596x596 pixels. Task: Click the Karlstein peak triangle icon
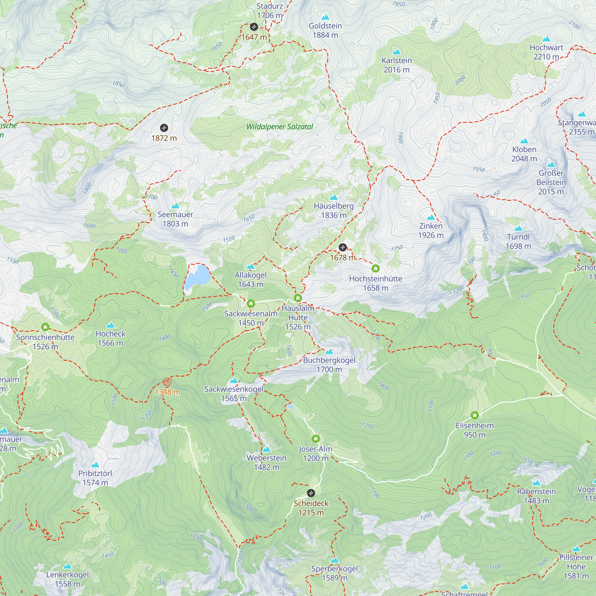397,52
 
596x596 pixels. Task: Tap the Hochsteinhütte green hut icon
375,268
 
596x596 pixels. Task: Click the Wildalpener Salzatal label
280,127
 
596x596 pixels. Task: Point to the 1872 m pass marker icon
164,128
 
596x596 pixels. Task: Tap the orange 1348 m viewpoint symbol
167,382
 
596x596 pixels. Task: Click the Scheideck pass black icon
311,493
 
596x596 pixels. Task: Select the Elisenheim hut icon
474,415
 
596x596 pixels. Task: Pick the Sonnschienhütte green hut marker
45,327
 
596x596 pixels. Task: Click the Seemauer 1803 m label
175,219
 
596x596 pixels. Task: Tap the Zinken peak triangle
431,218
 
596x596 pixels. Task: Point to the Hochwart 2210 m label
546,52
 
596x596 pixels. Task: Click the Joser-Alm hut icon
315,439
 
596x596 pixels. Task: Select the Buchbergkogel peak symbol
329,352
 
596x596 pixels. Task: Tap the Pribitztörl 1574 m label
95,478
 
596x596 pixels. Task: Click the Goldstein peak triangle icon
325,17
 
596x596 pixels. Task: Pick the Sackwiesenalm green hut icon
251,304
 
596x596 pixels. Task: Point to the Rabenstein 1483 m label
536,496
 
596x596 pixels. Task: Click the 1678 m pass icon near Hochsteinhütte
343,247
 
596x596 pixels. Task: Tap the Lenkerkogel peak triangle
68,566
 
